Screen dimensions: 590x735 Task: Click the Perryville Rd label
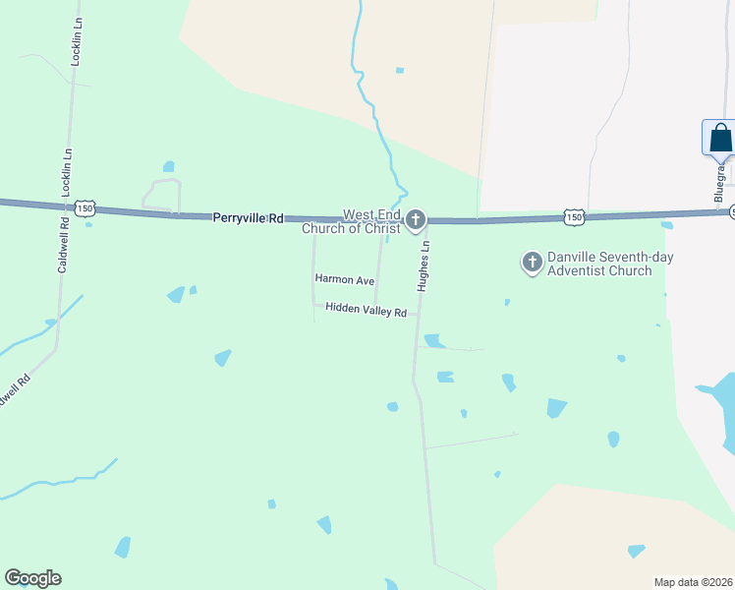248,217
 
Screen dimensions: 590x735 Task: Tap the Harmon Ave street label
345,280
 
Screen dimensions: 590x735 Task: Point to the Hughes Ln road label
424,267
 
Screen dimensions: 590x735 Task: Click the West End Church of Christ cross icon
416,219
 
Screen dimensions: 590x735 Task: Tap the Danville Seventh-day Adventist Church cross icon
532,262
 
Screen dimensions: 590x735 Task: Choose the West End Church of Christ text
353,222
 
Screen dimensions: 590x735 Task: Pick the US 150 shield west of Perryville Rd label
85,208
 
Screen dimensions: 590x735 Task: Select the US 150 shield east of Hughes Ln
574,216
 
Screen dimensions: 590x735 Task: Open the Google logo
32,578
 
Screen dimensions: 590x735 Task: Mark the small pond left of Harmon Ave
177,294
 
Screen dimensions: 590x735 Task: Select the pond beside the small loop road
169,166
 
